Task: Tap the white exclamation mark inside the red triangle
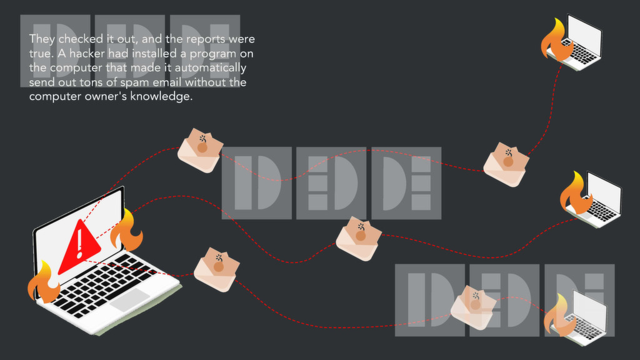[x=80, y=244]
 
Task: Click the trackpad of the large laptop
[x=129, y=299]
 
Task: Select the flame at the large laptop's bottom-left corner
[x=43, y=282]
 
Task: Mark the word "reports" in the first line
[x=206, y=39]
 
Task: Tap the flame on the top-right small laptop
[x=556, y=41]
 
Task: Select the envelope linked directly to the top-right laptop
[x=506, y=164]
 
